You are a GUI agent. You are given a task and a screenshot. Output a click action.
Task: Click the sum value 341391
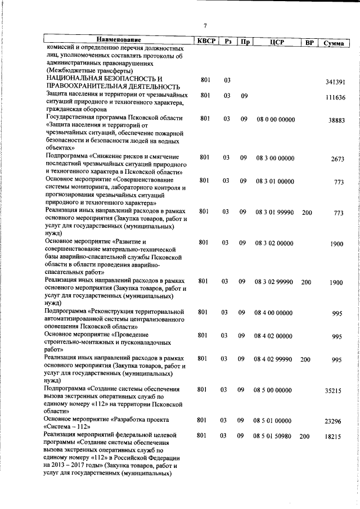tap(335, 82)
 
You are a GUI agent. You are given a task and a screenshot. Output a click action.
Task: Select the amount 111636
tap(335, 97)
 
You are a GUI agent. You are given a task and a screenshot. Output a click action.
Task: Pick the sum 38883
tap(336, 120)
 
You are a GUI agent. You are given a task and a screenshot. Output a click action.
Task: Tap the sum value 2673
tap(337, 159)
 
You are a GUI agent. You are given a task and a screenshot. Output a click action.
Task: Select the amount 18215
tap(333, 436)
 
